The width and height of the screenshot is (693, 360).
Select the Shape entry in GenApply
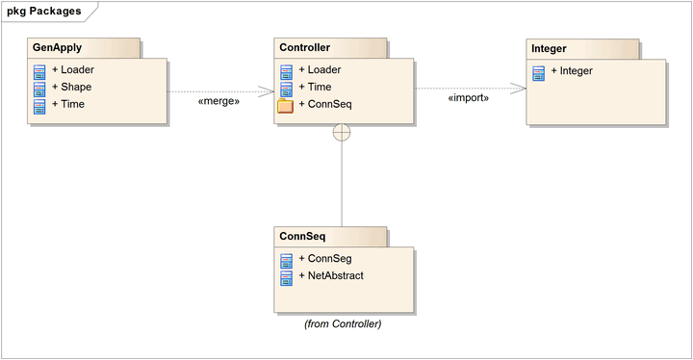[x=76, y=87]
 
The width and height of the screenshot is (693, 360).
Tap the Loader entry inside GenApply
[x=78, y=69]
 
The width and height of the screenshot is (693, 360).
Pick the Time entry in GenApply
[x=72, y=104]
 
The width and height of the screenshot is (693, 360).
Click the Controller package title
[x=305, y=47]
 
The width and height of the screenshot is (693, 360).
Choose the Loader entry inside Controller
[x=324, y=69]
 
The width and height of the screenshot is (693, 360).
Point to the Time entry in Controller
[x=319, y=87]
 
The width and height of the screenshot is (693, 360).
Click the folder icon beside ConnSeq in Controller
[x=286, y=105]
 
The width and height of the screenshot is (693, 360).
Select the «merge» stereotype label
[x=218, y=100]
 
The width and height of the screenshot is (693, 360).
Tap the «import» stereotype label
[x=469, y=97]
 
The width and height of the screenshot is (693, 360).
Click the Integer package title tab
[x=549, y=47]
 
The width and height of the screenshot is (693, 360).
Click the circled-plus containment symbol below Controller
[x=342, y=133]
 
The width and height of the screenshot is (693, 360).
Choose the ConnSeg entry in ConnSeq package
[x=329, y=259]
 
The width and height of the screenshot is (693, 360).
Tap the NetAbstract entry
[x=336, y=276]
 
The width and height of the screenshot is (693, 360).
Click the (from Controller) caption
[x=343, y=323]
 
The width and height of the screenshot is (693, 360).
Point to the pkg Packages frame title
[x=43, y=11]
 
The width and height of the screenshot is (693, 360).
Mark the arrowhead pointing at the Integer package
[x=520, y=89]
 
